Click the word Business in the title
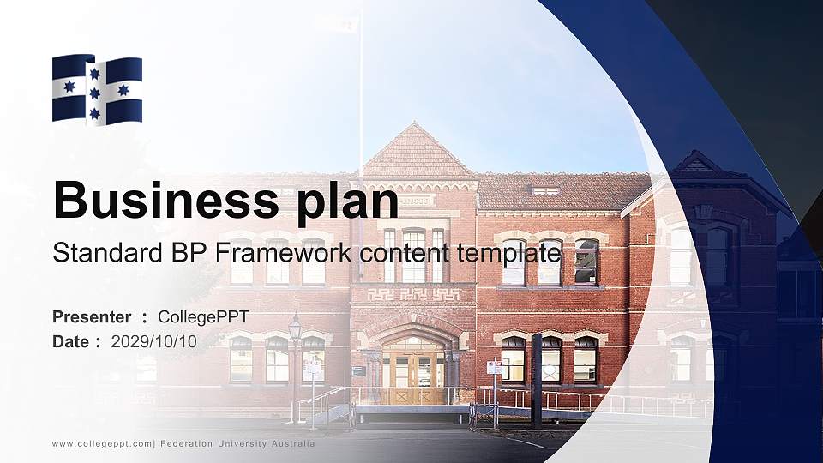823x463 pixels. point(162,201)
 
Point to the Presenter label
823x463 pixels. point(92,317)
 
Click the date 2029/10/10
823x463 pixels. point(154,341)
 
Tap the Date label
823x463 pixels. point(70,341)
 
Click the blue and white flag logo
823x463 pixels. point(97,90)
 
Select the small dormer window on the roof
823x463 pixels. point(545,190)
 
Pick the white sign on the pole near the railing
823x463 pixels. point(494,367)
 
